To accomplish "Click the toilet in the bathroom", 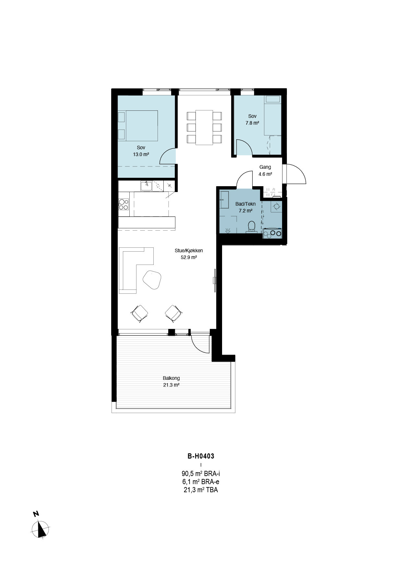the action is pyautogui.click(x=252, y=227).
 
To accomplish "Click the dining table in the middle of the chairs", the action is pyautogui.click(x=204, y=127).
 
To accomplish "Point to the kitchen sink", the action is pyautogui.click(x=147, y=186).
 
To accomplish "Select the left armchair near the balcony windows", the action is pyautogui.click(x=140, y=313).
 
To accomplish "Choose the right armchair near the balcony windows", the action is pyautogui.click(x=173, y=313).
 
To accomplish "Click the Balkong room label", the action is pyautogui.click(x=171, y=378).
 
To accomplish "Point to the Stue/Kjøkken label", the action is pyautogui.click(x=189, y=250).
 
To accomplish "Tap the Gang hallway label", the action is pyautogui.click(x=265, y=167).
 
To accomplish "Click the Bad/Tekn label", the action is pyautogui.click(x=245, y=204).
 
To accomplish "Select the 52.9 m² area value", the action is pyautogui.click(x=189, y=258).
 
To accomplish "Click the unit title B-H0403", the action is pyautogui.click(x=201, y=456).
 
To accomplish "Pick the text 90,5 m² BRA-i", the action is pyautogui.click(x=201, y=474).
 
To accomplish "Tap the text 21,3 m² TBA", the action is pyautogui.click(x=201, y=490).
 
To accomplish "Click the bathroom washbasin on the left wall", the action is pyautogui.click(x=224, y=200).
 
